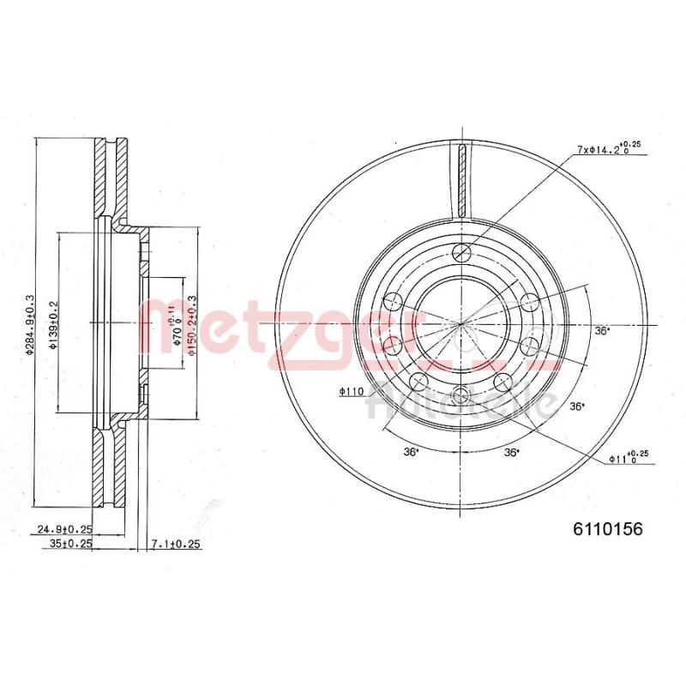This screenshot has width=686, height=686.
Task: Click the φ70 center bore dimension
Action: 176,322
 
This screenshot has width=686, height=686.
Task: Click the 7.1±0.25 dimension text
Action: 175,544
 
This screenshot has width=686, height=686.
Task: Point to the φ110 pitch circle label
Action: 352,392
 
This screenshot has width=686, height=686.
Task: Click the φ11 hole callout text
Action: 624,458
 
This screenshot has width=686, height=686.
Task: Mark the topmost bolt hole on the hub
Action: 462,252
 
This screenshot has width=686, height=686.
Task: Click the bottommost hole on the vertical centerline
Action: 462,394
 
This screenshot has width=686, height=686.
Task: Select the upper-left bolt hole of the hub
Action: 394,301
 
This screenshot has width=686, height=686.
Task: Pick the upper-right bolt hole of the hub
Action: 530,301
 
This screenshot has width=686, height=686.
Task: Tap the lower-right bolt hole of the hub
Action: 530,346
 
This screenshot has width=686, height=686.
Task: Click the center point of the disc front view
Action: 462,323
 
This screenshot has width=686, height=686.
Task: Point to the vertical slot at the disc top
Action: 462,180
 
